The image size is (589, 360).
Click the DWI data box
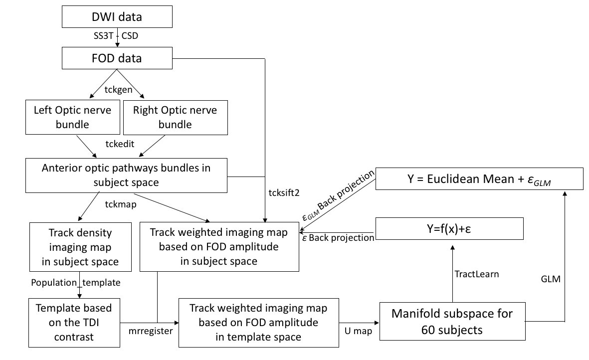pos(117,17)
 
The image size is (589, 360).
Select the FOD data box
pos(117,58)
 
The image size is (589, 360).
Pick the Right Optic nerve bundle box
pos(175,116)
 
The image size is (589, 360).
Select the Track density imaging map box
pos(80,247)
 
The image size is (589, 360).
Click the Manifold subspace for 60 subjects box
pos(452,322)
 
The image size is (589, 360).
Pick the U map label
pos(359,330)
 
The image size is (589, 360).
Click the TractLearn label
pos(476,274)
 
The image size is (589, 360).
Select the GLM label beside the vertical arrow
pos(551,279)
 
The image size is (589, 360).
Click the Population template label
pos(76,282)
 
